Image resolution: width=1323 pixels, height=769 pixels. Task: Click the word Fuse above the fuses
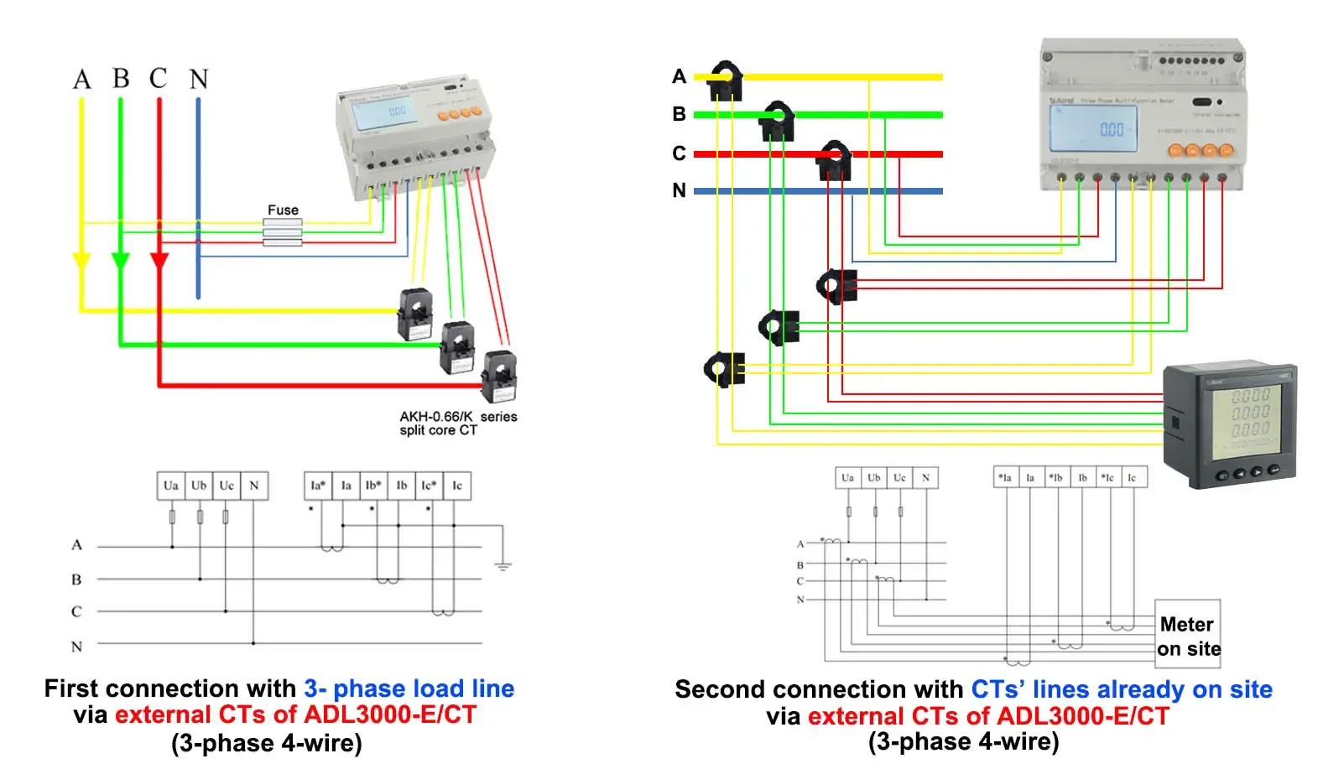(283, 210)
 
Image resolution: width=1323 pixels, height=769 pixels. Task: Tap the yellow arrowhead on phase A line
(81, 262)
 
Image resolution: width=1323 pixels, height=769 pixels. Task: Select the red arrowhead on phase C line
(159, 261)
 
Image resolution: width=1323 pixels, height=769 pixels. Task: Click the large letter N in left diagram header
(199, 80)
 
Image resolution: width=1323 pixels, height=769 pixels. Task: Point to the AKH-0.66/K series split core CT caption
(457, 423)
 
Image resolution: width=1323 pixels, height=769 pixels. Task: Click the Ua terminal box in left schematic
(171, 486)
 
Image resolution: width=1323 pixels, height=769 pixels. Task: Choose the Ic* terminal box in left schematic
(429, 486)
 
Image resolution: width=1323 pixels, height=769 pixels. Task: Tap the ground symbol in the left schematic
(503, 566)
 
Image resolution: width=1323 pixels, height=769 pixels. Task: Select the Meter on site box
(1187, 635)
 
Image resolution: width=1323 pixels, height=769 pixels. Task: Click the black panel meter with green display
(1229, 426)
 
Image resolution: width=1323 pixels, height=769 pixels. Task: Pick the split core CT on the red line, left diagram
(499, 377)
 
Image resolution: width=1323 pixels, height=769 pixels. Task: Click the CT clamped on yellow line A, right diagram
(727, 80)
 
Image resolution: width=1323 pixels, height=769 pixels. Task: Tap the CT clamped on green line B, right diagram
(778, 120)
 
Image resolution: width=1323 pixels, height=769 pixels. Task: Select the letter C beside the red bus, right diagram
(680, 153)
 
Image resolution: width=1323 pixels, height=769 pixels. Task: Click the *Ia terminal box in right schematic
(1005, 478)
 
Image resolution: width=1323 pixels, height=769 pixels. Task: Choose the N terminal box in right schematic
(925, 478)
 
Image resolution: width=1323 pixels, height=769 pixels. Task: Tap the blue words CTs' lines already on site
(1121, 689)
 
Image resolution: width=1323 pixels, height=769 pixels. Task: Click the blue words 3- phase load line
(409, 688)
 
